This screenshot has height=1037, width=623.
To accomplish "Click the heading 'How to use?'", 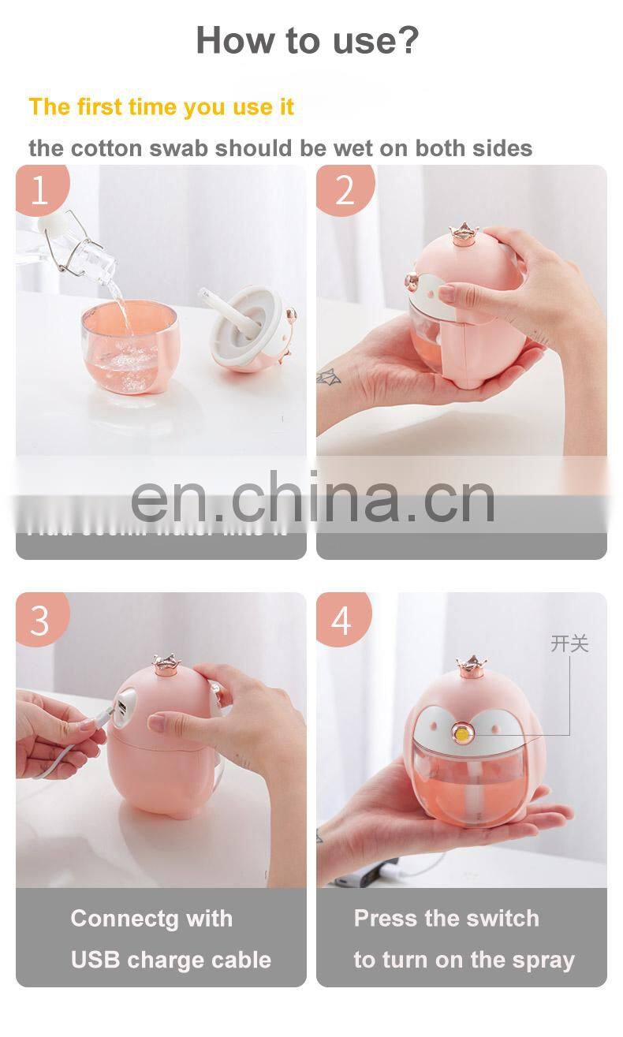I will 308,39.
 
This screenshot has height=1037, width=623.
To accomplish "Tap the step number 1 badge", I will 39,191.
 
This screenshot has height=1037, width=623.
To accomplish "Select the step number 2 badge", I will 345,190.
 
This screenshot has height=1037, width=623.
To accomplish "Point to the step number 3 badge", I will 39,620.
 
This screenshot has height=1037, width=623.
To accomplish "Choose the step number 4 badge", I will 341,620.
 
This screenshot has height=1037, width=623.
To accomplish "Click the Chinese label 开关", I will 569,643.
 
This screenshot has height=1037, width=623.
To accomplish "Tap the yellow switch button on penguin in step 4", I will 458,733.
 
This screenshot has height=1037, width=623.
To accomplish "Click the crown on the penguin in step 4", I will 471,666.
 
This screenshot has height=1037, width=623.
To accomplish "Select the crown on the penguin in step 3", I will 167,662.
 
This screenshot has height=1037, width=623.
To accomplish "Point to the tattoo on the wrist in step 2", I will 328,378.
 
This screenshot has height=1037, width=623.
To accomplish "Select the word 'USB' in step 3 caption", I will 95,960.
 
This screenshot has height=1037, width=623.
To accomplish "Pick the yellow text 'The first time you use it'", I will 162,107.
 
